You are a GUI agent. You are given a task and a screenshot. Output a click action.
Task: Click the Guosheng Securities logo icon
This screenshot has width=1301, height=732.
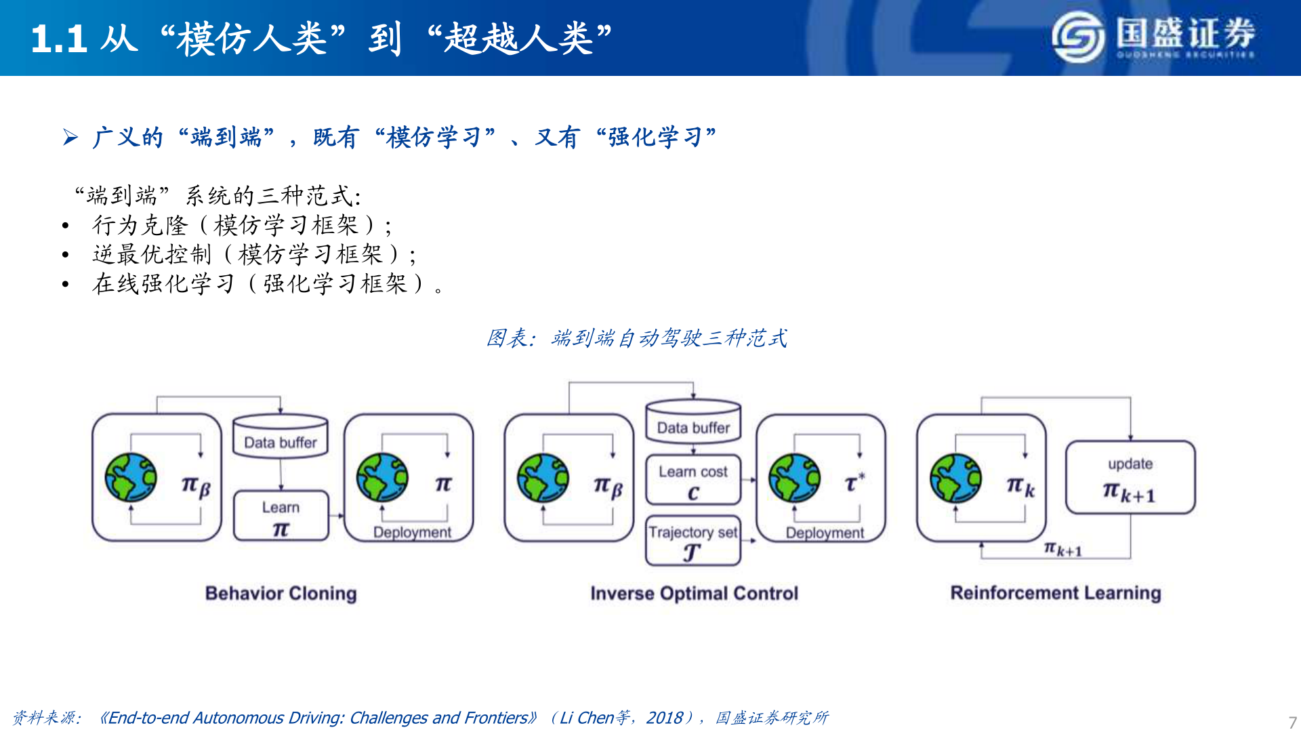click(x=1078, y=37)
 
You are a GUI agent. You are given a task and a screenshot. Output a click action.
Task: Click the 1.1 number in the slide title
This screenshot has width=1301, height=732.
click(x=58, y=39)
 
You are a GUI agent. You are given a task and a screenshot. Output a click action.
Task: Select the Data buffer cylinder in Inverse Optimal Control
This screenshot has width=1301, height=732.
click(x=693, y=422)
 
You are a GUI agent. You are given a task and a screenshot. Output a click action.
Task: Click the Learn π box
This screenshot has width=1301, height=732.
click(x=281, y=516)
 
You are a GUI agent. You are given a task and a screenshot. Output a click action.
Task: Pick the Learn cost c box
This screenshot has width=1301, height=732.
click(x=693, y=480)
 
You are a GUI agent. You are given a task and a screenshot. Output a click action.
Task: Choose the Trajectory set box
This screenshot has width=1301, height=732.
click(x=693, y=542)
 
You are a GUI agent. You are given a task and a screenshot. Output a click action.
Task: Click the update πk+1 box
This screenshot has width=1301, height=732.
click(x=1130, y=478)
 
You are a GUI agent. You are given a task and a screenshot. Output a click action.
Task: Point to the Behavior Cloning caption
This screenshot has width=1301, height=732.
click(x=281, y=593)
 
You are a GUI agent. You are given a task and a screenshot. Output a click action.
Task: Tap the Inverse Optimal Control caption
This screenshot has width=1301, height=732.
click(x=694, y=593)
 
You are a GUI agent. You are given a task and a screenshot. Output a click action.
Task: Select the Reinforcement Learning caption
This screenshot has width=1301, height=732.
click(x=1055, y=592)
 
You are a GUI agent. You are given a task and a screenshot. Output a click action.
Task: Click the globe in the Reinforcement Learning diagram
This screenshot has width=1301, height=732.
click(x=955, y=478)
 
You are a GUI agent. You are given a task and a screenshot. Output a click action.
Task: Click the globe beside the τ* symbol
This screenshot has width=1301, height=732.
click(x=794, y=478)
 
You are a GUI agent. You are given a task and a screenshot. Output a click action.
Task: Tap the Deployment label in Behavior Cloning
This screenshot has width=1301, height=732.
click(x=412, y=532)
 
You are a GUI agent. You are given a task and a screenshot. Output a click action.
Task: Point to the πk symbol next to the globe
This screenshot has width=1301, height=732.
click(x=1020, y=485)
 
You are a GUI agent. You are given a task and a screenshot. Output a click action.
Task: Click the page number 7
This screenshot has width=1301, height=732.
click(x=1292, y=722)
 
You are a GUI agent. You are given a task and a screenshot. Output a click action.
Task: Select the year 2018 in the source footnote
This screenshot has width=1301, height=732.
click(x=664, y=718)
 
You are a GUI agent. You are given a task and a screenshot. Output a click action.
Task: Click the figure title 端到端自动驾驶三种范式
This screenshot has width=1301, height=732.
click(x=668, y=338)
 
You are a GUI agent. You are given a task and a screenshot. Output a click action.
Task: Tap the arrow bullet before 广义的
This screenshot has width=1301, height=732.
click(x=70, y=138)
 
